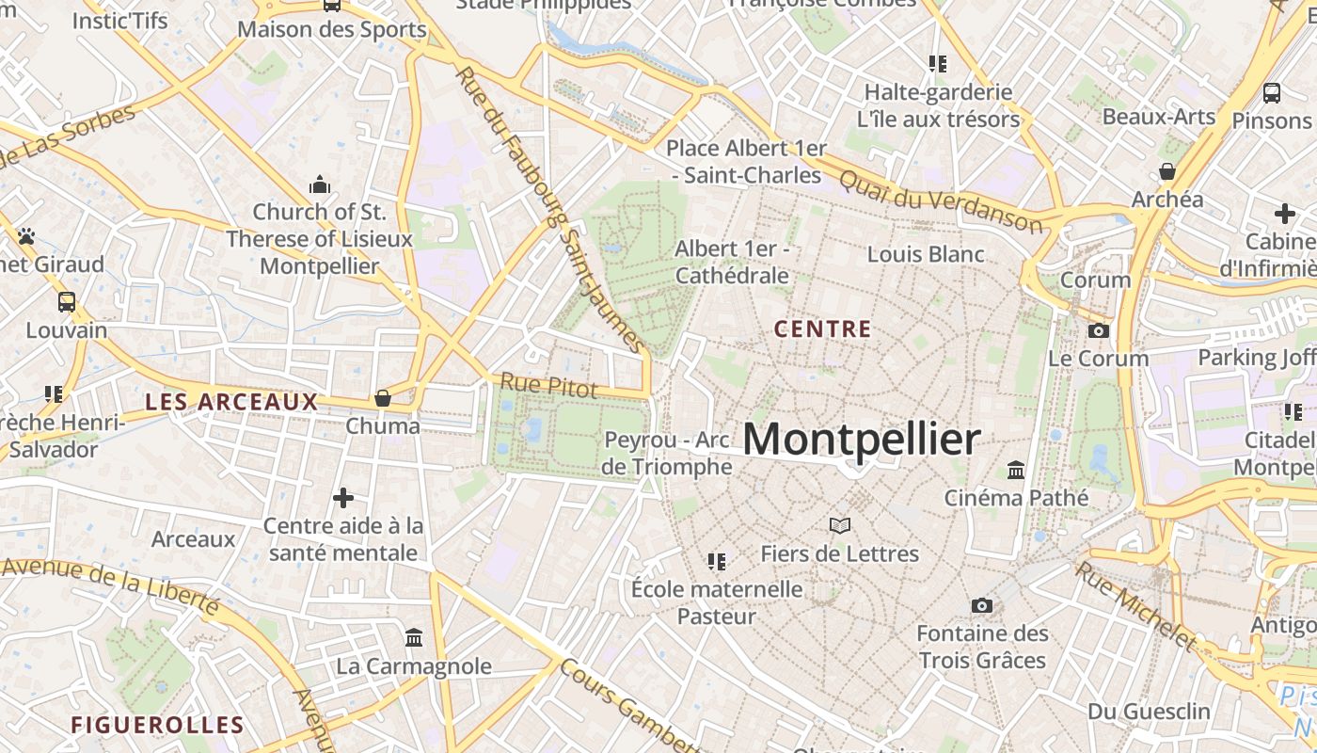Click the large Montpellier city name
[862, 440]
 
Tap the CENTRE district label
[822, 329]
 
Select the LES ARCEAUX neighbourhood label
[231, 402]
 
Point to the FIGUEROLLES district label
[157, 725]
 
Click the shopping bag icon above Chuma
[383, 398]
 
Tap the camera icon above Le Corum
[1098, 330]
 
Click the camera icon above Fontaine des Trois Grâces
[982, 605]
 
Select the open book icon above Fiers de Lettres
[839, 525]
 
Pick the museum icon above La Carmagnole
[414, 638]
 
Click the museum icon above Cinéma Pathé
[1016, 470]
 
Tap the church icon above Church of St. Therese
[320, 184]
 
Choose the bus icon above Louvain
[67, 302]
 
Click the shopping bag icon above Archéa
[1167, 171]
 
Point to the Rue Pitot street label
[548, 384]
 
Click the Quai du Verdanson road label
[941, 200]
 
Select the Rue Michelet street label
[1136, 607]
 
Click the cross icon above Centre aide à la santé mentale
[343, 497]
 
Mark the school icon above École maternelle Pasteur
[717, 562]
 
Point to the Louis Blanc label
[926, 254]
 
